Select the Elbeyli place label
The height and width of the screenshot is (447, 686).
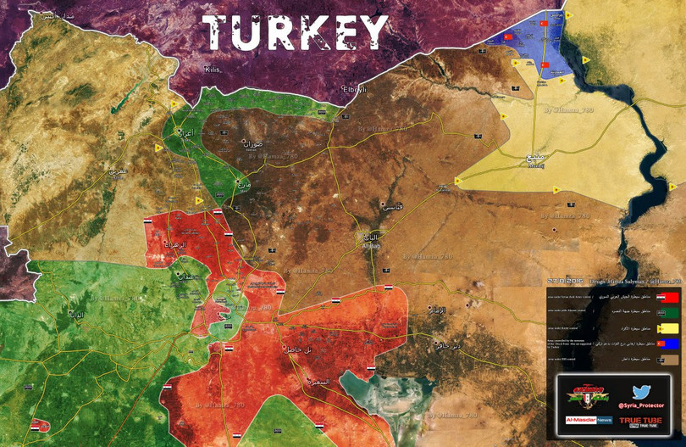[x=353, y=89]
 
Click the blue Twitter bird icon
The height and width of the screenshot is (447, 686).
[x=640, y=392]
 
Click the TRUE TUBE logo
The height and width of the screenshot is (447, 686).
[x=640, y=421]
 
